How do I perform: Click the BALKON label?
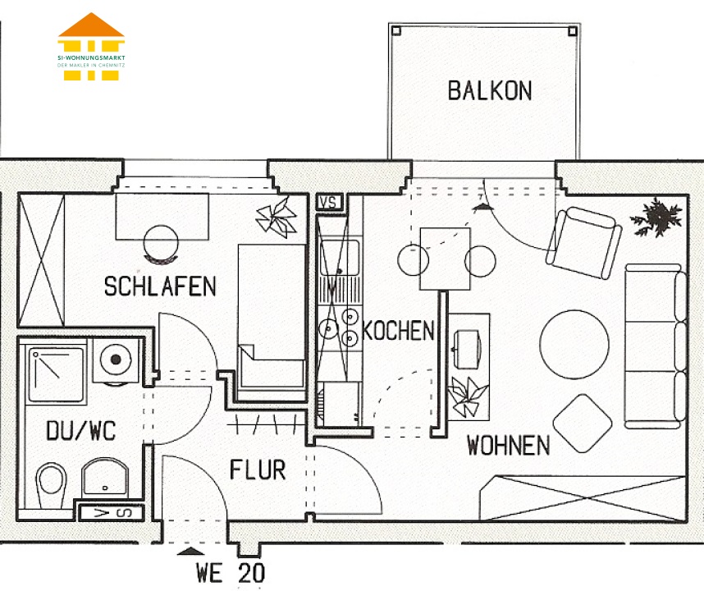(490, 90)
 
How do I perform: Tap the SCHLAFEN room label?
(160, 286)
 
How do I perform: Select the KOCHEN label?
(398, 331)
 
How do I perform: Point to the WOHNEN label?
(508, 446)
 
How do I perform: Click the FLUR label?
(258, 470)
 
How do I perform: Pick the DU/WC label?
(81, 431)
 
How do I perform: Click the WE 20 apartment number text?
(231, 573)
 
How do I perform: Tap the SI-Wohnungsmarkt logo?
(91, 47)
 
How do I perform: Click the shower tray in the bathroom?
(56, 374)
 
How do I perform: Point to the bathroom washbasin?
(104, 478)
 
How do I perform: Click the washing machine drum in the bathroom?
(116, 360)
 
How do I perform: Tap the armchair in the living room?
(583, 242)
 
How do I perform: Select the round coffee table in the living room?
(574, 345)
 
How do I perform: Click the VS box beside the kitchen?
(329, 203)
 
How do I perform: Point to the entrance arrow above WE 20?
(191, 551)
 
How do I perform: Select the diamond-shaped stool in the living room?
(583, 423)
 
